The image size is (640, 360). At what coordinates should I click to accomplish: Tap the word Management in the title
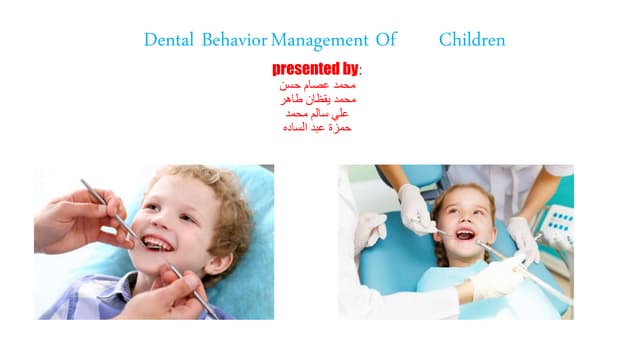pyautogui.click(x=319, y=41)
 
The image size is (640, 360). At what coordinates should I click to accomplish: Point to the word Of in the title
pyautogui.click(x=386, y=41)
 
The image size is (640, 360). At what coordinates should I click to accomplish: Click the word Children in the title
pyautogui.click(x=471, y=41)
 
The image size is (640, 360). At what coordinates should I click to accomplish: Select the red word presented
pyautogui.click(x=307, y=69)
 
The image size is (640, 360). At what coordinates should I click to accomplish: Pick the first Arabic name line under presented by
pyautogui.click(x=319, y=87)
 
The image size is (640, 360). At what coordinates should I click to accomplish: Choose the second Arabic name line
pyautogui.click(x=319, y=100)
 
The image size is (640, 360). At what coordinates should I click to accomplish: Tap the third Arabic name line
pyautogui.click(x=319, y=114)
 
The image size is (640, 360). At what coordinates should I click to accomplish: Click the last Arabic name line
pyautogui.click(x=319, y=128)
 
